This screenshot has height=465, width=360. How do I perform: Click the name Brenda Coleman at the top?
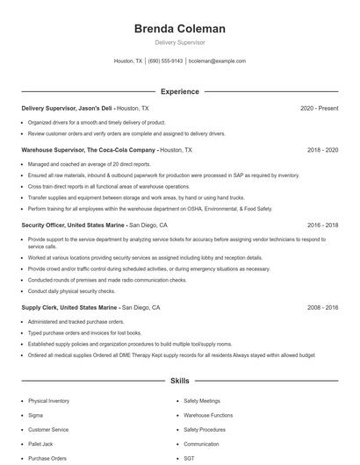[179, 29]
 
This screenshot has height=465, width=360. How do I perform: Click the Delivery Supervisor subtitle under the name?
[179, 42]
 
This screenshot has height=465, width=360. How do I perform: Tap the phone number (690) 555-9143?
[165, 61]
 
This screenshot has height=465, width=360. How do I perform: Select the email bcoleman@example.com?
[217, 61]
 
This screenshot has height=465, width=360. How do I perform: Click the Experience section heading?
[179, 91]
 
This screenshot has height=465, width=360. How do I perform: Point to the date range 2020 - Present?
[319, 108]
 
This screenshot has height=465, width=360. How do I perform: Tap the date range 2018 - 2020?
[322, 150]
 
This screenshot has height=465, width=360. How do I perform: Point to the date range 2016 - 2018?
[322, 225]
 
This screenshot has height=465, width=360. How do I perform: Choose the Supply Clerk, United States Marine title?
[70, 308]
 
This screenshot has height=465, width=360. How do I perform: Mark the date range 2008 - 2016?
[322, 308]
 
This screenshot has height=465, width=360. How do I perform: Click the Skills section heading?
[179, 382]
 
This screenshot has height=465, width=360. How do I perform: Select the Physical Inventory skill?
[48, 400]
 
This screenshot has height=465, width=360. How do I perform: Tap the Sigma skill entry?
[36, 415]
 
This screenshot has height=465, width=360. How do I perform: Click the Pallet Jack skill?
[40, 444]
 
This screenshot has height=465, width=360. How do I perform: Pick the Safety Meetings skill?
[202, 400]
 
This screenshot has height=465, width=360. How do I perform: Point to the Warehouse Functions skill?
[208, 415]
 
